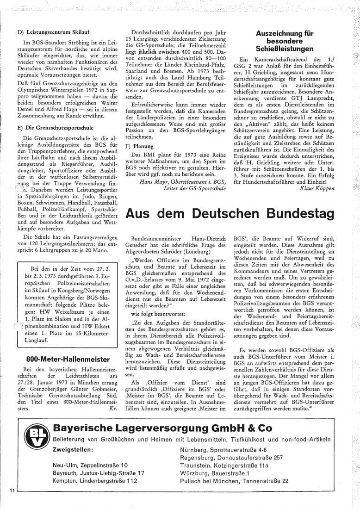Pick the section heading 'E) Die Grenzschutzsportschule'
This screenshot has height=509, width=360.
55,126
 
